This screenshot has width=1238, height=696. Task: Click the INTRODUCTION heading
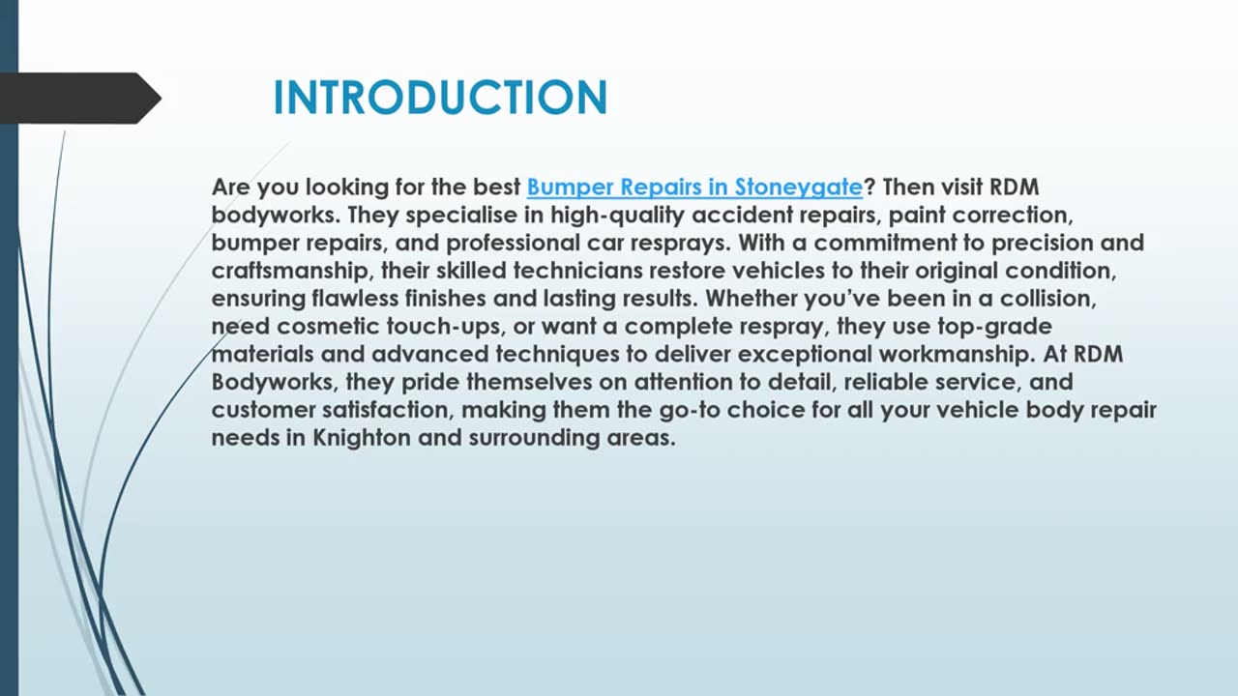(440, 98)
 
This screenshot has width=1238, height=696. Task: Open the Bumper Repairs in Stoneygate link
(694, 188)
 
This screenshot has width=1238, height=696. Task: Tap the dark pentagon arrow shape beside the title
(80, 98)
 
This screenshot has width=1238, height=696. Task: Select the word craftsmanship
(290, 271)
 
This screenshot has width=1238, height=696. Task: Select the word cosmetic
(328, 327)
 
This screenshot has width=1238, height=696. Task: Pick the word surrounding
(534, 438)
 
